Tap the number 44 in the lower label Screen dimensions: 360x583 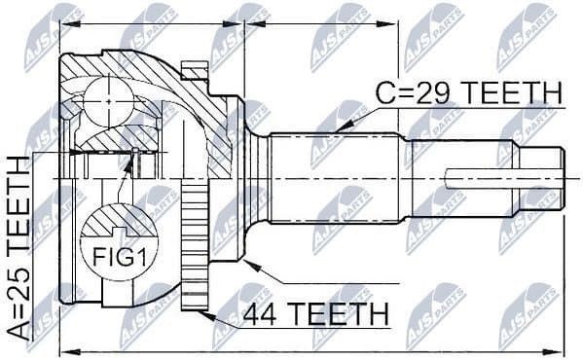click(x=263, y=314)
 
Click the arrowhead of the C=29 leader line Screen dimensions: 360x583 click(x=339, y=129)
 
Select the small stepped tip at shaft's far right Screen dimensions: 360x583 click(x=547, y=181)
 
